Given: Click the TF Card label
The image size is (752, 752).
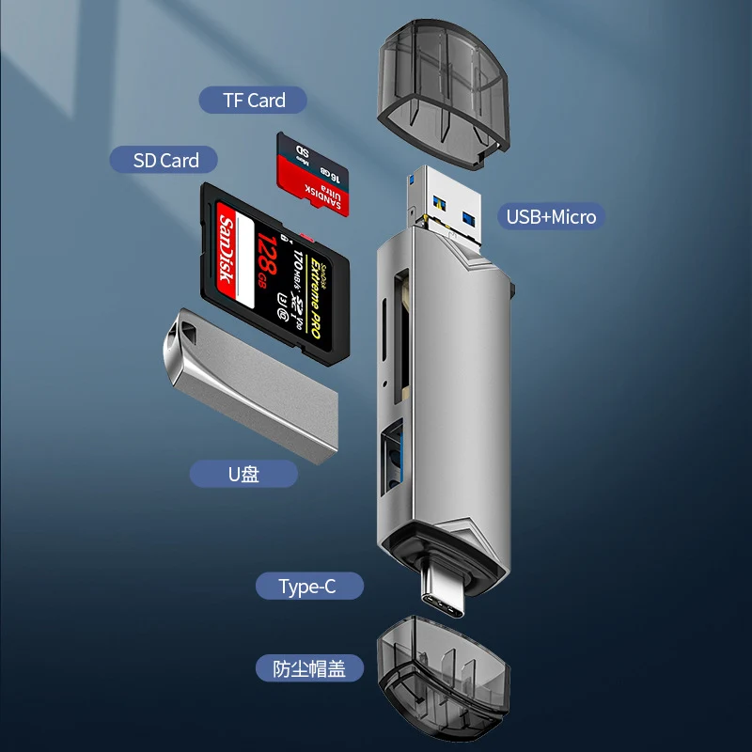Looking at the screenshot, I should [254, 100].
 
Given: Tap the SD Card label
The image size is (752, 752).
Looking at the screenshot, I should [166, 160].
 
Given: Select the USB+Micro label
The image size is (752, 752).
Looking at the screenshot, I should [551, 216].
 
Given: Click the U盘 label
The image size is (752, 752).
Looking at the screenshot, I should [243, 474].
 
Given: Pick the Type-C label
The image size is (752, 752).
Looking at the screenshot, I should [307, 587].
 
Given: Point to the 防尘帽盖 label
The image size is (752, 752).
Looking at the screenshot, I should [309, 669].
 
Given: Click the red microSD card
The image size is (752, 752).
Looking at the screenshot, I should [312, 174].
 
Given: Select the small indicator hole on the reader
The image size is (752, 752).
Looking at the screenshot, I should [385, 384].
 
